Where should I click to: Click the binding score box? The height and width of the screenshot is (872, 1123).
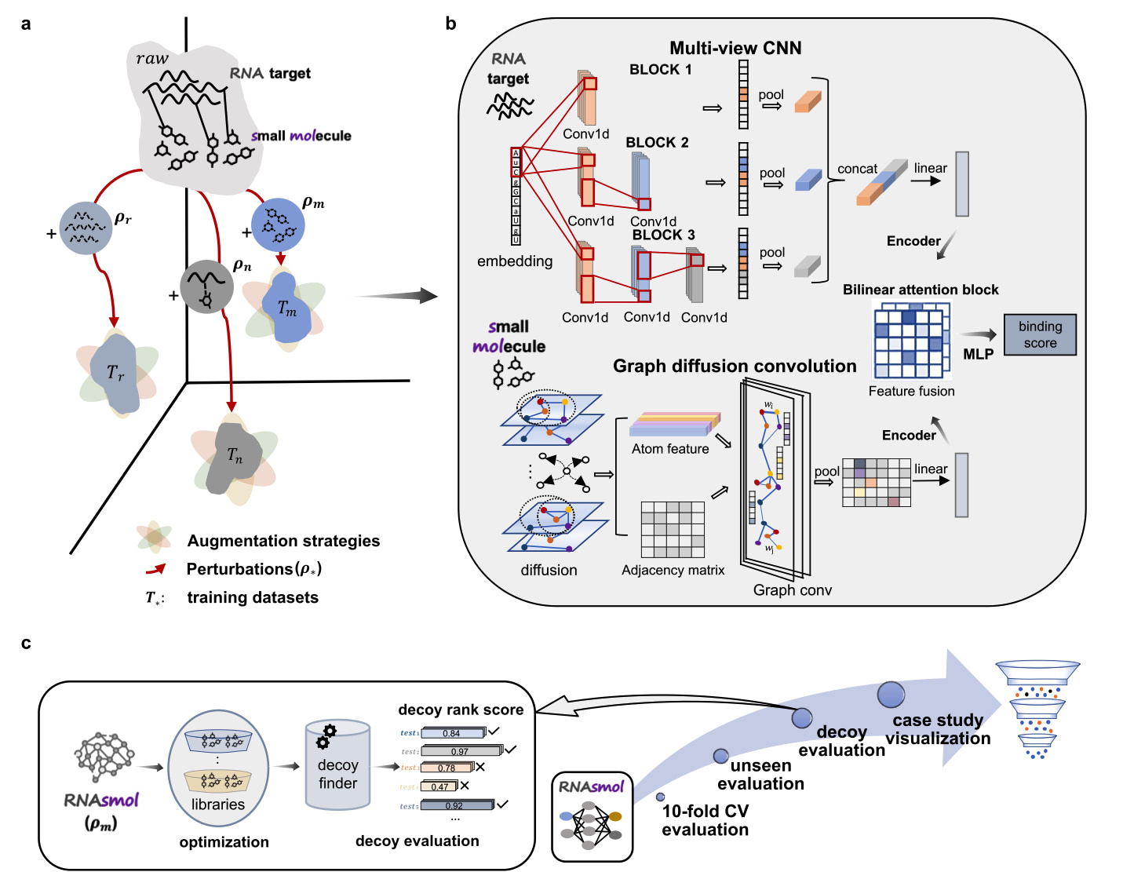[1040, 335]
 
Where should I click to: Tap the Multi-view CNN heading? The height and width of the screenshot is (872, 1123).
[735, 48]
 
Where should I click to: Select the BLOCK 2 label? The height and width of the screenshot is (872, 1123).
[657, 142]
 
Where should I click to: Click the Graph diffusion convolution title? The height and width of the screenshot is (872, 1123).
[734, 366]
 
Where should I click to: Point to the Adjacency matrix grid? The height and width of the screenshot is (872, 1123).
[673, 530]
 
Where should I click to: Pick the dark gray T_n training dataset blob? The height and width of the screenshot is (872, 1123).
[234, 458]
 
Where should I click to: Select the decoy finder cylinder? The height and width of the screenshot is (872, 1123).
[337, 765]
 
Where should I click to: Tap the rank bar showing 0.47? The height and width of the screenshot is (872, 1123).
[439, 786]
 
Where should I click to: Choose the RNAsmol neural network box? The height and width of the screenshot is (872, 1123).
[592, 817]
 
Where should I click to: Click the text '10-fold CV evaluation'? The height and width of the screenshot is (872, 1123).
[705, 820]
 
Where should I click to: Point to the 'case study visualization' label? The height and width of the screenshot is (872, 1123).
[938, 729]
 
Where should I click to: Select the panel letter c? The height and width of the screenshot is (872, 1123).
[26, 644]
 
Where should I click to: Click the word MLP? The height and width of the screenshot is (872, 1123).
[978, 354]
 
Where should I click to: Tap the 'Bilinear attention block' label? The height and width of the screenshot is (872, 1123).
[921, 290]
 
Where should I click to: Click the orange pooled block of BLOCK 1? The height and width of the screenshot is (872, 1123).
[808, 102]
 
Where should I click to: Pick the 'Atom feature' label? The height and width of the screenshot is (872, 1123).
[670, 449]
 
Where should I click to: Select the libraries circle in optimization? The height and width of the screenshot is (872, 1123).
[218, 768]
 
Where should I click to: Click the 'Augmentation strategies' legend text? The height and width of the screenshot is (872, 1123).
[283, 541]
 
